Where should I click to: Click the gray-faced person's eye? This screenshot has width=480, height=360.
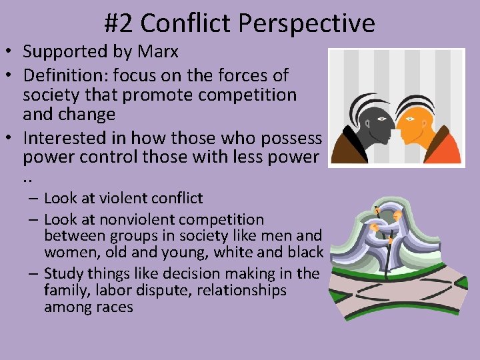(x=382, y=119)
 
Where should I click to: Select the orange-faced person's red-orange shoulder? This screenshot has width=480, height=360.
(x=443, y=149)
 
